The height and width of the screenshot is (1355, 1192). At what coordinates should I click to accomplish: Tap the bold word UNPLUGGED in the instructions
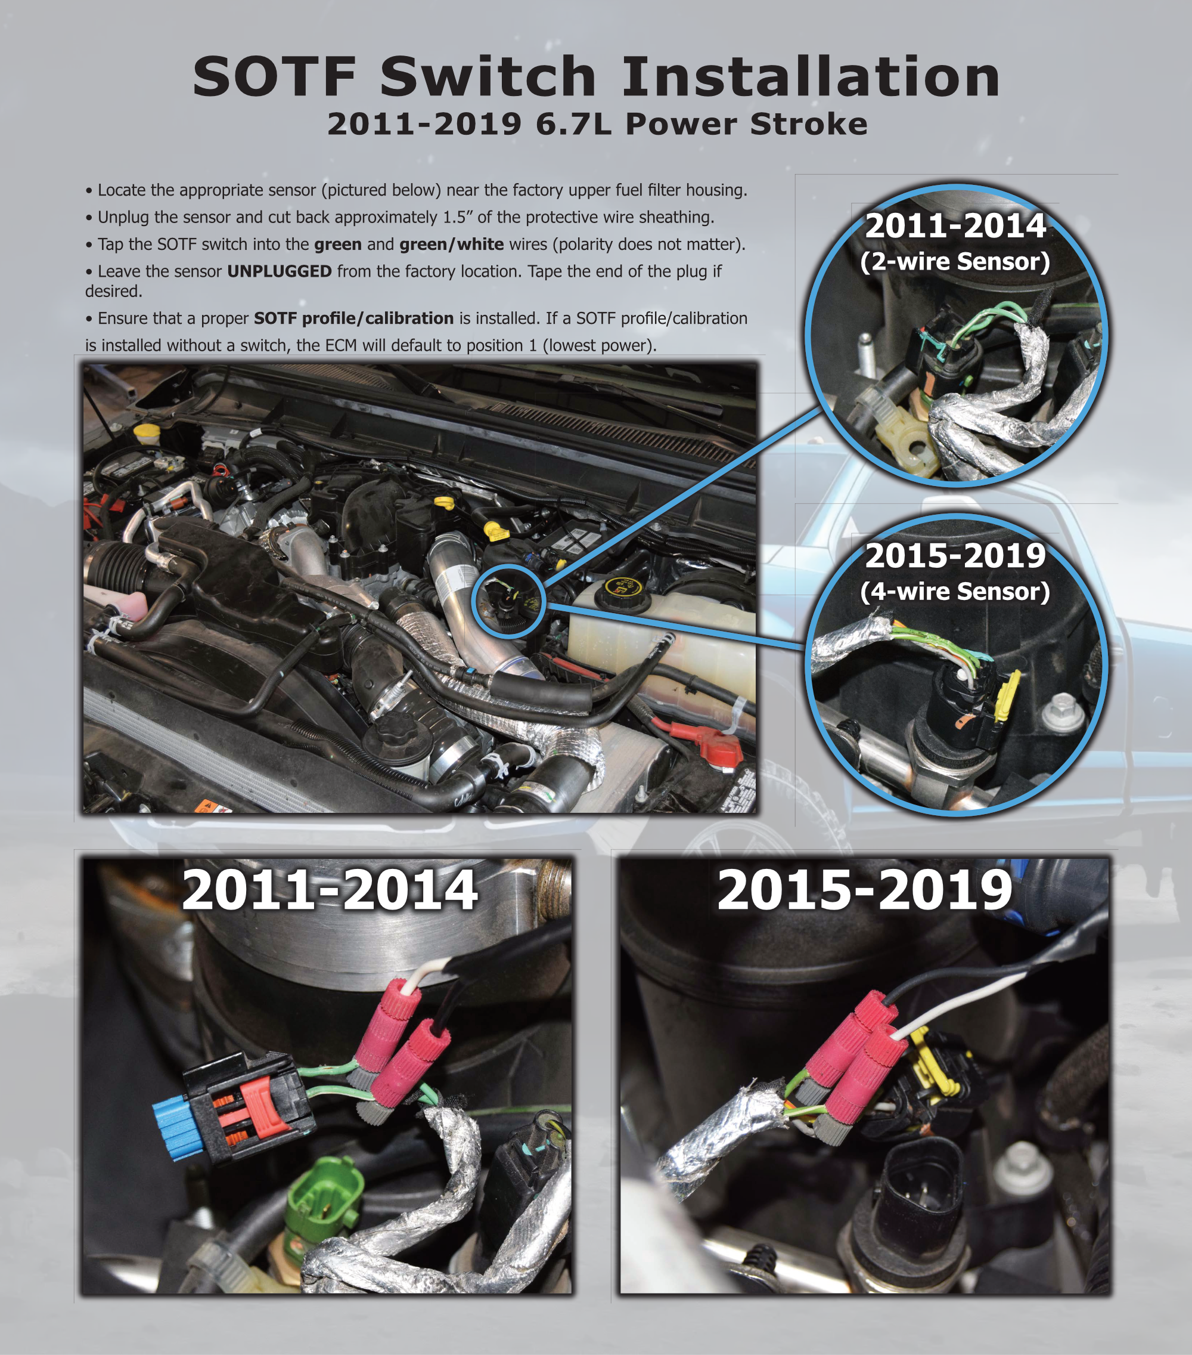[279, 271]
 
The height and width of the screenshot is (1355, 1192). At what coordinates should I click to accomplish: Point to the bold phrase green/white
[451, 245]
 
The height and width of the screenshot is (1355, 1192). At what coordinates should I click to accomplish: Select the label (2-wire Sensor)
[955, 262]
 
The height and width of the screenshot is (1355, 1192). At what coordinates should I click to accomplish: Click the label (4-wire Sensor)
[955, 591]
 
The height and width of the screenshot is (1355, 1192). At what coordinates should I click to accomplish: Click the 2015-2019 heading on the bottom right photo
[865, 890]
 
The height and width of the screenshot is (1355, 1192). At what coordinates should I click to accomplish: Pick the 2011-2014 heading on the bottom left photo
[330, 890]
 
